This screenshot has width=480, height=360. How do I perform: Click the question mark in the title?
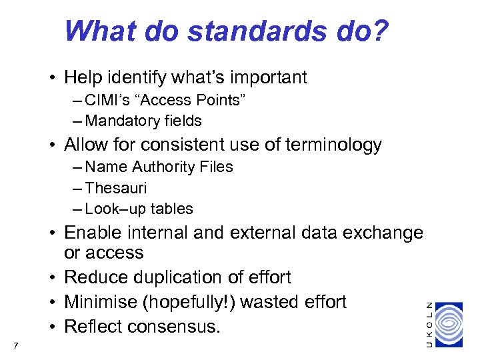pos(380,31)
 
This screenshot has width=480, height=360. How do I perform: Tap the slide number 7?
pos(15,345)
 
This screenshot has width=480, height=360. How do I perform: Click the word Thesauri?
pos(116,188)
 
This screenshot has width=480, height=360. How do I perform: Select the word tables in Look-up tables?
pos(172,209)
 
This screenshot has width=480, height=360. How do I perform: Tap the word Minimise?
pos(97,302)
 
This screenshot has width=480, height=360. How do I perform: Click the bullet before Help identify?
pos(51,77)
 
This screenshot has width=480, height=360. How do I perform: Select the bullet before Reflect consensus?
pos(51,327)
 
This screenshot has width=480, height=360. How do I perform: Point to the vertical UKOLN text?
pos(430,323)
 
